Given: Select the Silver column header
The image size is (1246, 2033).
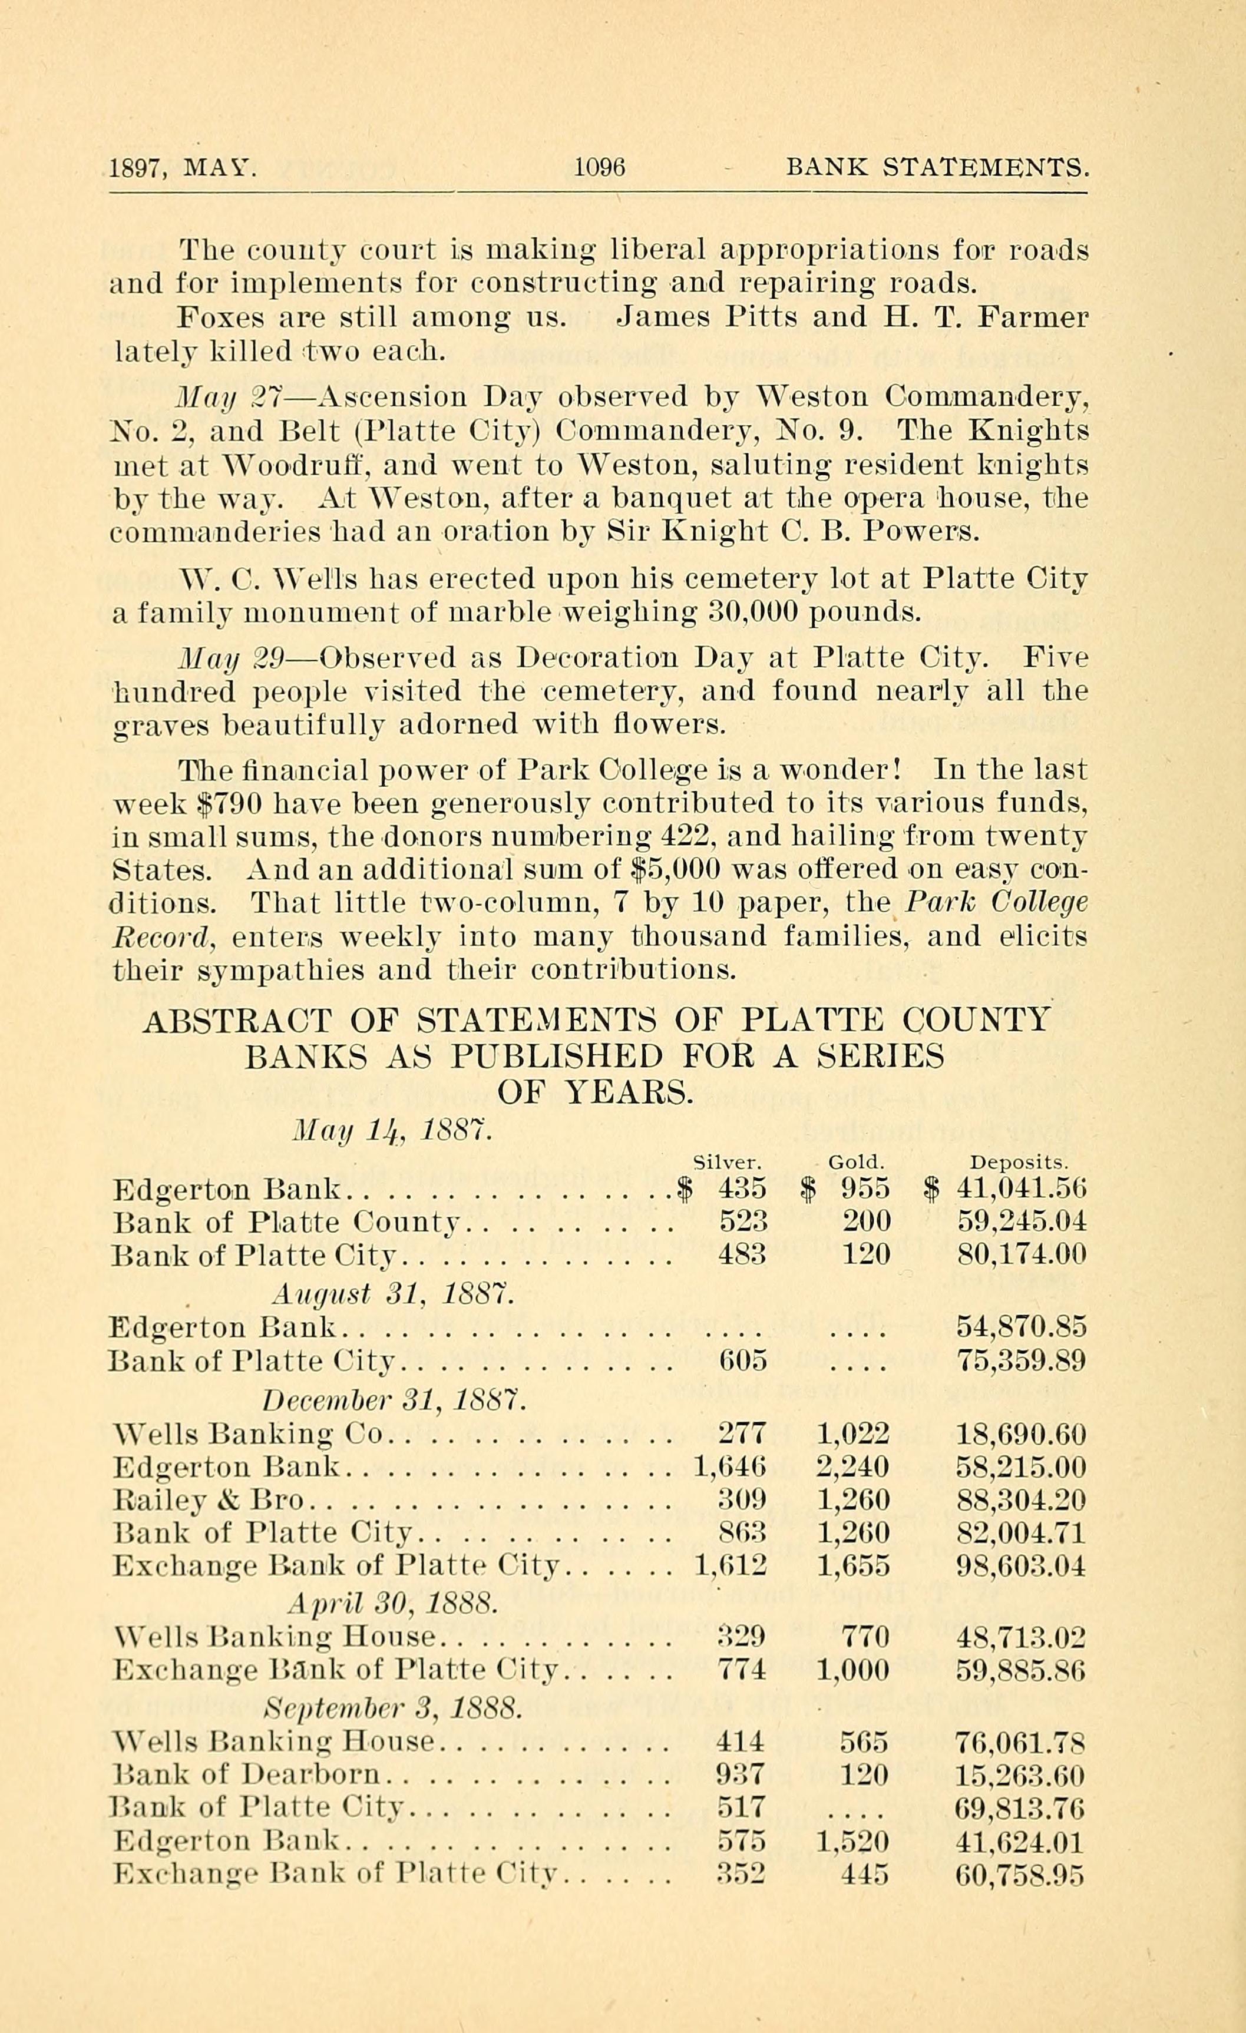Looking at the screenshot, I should click(x=726, y=1163).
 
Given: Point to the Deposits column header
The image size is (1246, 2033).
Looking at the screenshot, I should click(x=1019, y=1163).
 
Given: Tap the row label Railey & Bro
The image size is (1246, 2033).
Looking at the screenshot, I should click(x=208, y=1499).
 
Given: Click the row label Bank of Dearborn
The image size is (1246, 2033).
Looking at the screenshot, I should click(x=246, y=1774).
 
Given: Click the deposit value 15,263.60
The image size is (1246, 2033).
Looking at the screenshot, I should click(x=1020, y=1774).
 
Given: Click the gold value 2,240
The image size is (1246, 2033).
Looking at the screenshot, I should click(x=853, y=1466).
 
